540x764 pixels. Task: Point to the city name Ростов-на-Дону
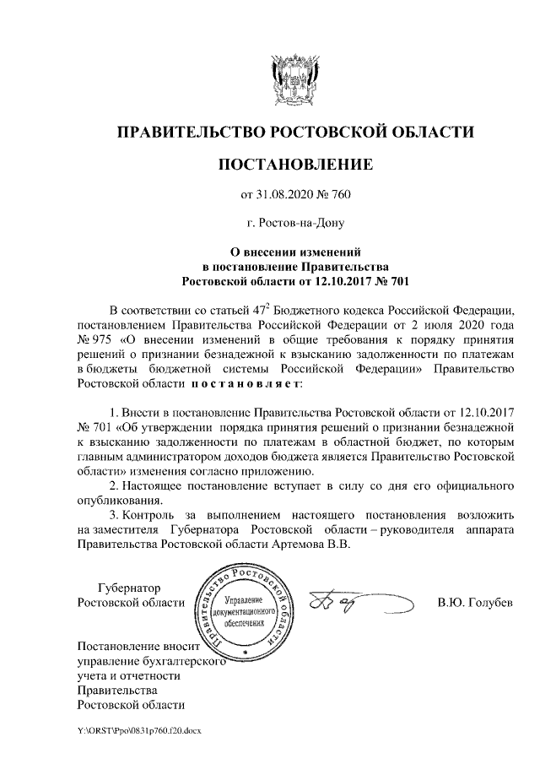pyautogui.click(x=295, y=224)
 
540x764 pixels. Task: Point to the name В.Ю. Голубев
pyautogui.click(x=475, y=603)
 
